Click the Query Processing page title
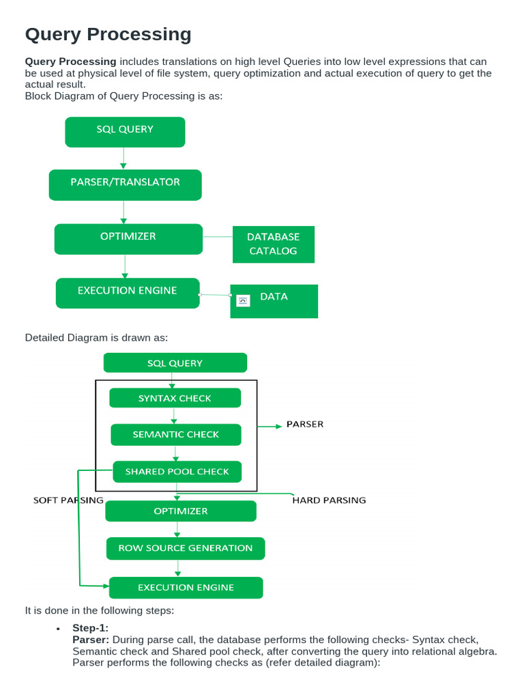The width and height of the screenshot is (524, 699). pyautogui.click(x=108, y=34)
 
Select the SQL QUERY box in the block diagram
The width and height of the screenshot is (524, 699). pyautogui.click(x=125, y=132)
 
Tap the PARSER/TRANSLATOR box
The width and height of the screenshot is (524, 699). pyautogui.click(x=125, y=184)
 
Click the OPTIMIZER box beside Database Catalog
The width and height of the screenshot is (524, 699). pyautogui.click(x=128, y=238)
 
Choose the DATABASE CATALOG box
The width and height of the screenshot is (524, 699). pyautogui.click(x=273, y=244)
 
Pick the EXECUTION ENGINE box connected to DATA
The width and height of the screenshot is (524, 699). pyautogui.click(x=128, y=292)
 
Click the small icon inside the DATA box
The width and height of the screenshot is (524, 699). pyautogui.click(x=243, y=300)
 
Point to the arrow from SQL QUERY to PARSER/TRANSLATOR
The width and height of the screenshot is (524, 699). pyautogui.click(x=123, y=158)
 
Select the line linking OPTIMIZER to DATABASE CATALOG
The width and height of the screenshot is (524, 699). pyautogui.click(x=218, y=237)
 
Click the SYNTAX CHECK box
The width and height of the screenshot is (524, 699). pyautogui.click(x=175, y=398)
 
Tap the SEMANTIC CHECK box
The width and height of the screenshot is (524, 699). pyautogui.click(x=176, y=434)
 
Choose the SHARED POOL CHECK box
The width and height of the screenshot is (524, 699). pyautogui.click(x=177, y=471)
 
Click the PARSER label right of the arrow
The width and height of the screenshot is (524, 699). pyautogui.click(x=304, y=424)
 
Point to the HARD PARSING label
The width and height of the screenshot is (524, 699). pyautogui.click(x=329, y=500)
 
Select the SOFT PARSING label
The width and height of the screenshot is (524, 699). pyautogui.click(x=68, y=500)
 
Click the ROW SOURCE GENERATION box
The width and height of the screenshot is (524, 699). pyautogui.click(x=185, y=547)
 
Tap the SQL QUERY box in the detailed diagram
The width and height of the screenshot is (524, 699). pyautogui.click(x=175, y=362)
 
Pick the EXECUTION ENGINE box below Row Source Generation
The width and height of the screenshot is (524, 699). pyautogui.click(x=186, y=587)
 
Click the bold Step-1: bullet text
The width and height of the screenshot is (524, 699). pyautogui.click(x=90, y=627)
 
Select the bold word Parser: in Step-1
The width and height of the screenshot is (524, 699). pyautogui.click(x=91, y=640)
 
